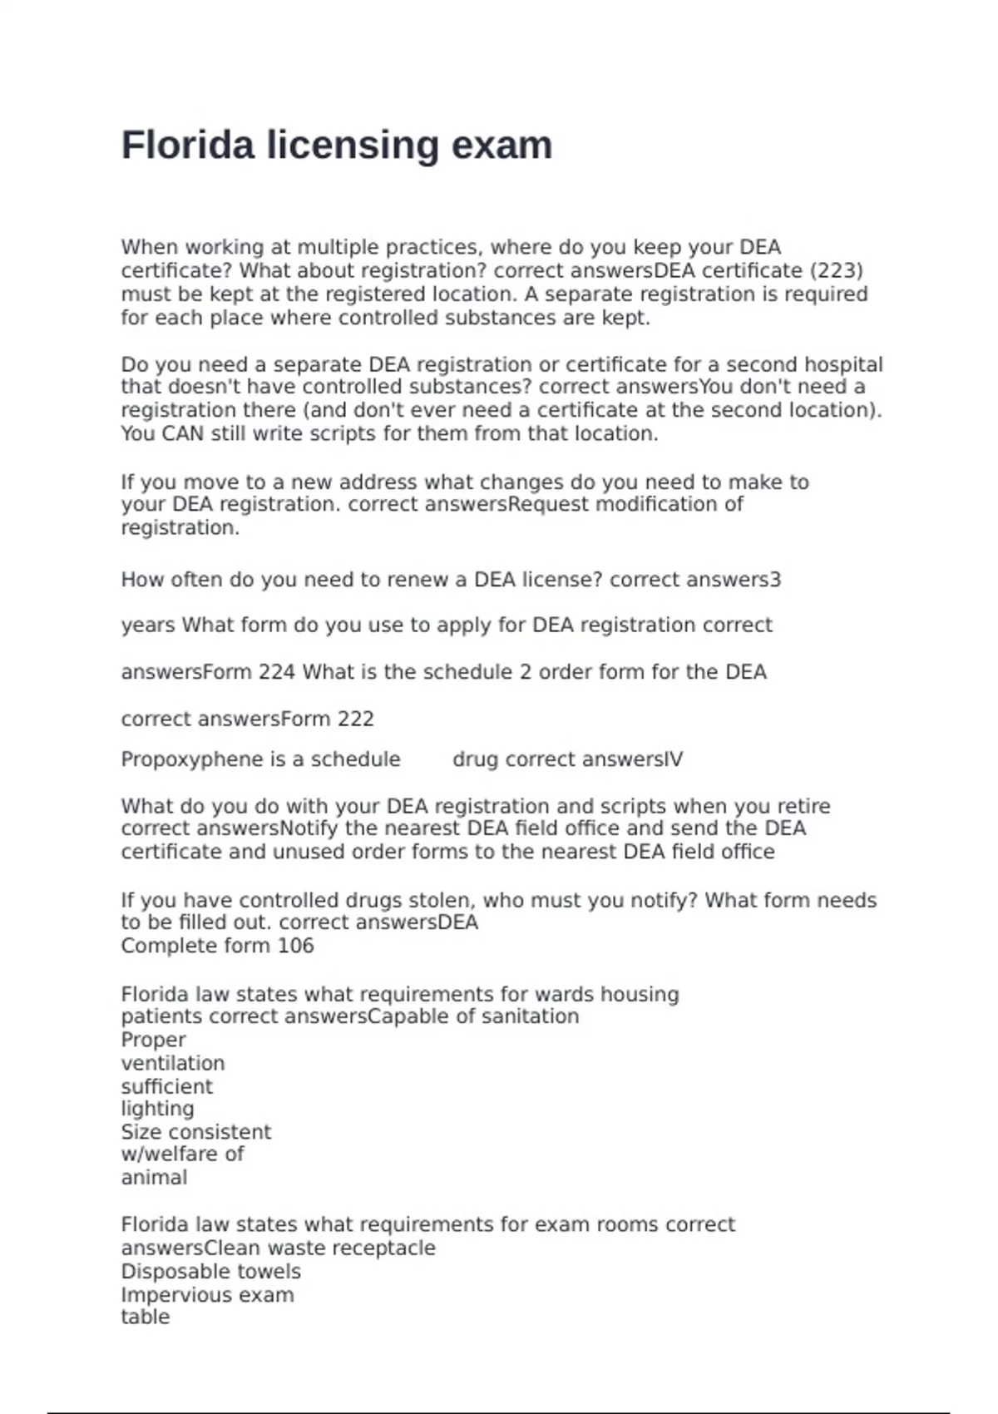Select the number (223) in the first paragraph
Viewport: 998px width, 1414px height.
point(836,271)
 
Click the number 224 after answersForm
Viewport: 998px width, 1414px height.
point(277,672)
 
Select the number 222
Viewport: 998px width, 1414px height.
point(355,719)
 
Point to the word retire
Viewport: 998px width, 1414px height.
point(803,806)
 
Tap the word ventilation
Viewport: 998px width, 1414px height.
point(173,1063)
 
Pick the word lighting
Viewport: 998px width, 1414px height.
point(158,1109)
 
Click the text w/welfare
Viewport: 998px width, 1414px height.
point(172,1154)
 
